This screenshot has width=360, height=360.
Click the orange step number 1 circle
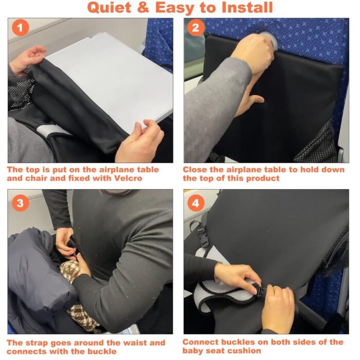point(20,28)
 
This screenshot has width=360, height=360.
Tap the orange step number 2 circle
point(195,28)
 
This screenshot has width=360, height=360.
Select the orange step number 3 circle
point(20,203)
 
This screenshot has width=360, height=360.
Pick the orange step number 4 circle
point(195,203)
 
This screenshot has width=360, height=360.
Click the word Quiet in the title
point(110,8)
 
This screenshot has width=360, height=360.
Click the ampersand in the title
point(143,7)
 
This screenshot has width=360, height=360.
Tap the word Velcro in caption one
point(128,178)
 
